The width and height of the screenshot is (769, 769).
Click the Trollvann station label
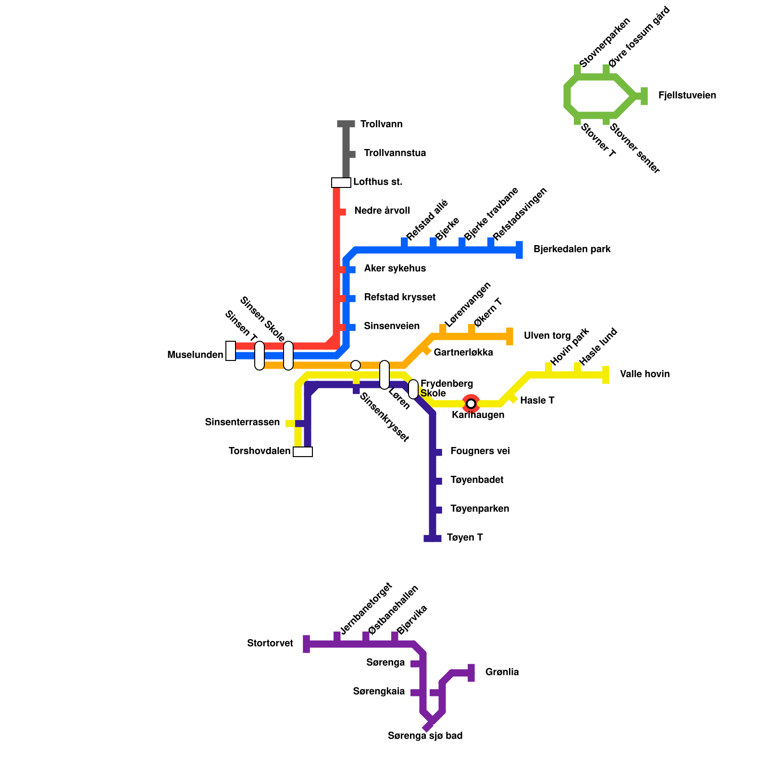381,124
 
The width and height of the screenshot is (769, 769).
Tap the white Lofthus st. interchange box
341,183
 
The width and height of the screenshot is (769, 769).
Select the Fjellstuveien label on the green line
687,96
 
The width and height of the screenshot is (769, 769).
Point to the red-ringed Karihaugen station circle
471,403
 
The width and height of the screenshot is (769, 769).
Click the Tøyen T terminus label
464,538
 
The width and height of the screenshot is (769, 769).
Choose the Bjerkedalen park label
572,249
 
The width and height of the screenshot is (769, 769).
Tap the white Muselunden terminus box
231,351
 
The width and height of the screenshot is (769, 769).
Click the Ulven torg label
547,336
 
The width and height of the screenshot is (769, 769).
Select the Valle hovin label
645,374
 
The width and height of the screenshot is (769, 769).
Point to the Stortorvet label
270,644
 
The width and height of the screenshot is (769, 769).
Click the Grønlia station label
502,672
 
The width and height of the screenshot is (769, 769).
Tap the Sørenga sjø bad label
425,736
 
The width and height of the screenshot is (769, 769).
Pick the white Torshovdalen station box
303,452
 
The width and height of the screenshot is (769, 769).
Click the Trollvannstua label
395,153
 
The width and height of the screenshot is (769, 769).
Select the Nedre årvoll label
382,211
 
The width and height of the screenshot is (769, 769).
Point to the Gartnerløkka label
463,353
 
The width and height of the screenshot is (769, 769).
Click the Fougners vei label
480,451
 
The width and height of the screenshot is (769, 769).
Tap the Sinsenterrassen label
242,422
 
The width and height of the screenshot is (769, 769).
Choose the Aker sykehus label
395,269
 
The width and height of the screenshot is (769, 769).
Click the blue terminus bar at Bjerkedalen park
519,250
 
